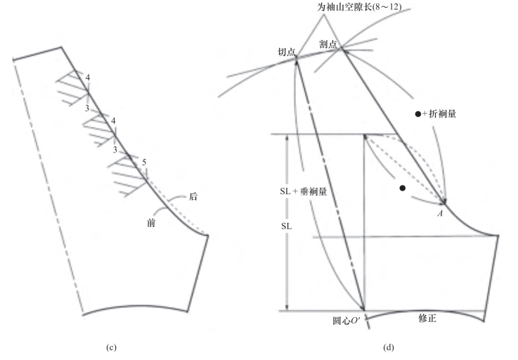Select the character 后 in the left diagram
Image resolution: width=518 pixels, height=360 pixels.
pos(193,198)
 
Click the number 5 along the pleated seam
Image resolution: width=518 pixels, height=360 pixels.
pos(145,163)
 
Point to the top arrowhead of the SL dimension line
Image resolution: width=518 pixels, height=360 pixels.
pos(287,138)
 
